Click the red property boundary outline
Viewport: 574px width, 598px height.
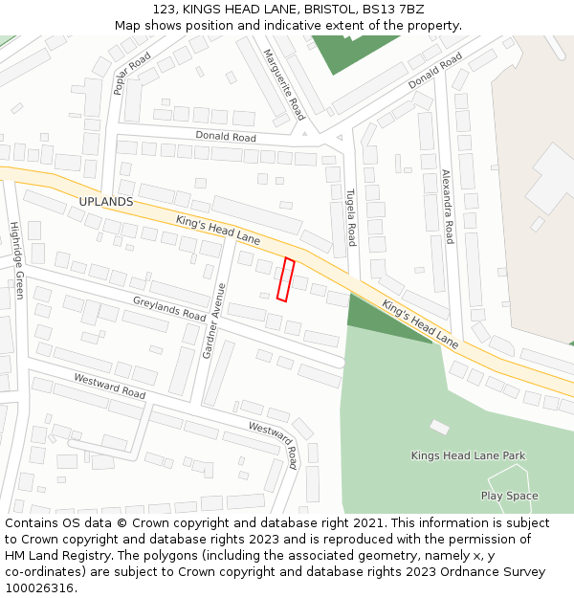click(284, 279)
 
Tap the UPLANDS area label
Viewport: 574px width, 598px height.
click(105, 202)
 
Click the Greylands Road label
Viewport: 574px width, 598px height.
click(169, 308)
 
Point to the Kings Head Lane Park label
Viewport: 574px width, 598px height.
click(468, 455)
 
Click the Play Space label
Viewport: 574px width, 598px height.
click(509, 496)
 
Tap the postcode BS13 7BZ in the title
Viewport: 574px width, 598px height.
click(400, 9)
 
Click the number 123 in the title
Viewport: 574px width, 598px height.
click(163, 9)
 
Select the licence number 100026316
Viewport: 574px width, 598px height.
click(40, 587)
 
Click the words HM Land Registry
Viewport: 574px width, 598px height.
click(60, 555)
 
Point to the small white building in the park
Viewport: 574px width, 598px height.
click(439, 427)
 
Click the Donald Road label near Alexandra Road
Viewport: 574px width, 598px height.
click(435, 71)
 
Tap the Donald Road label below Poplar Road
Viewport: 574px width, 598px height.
click(226, 137)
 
